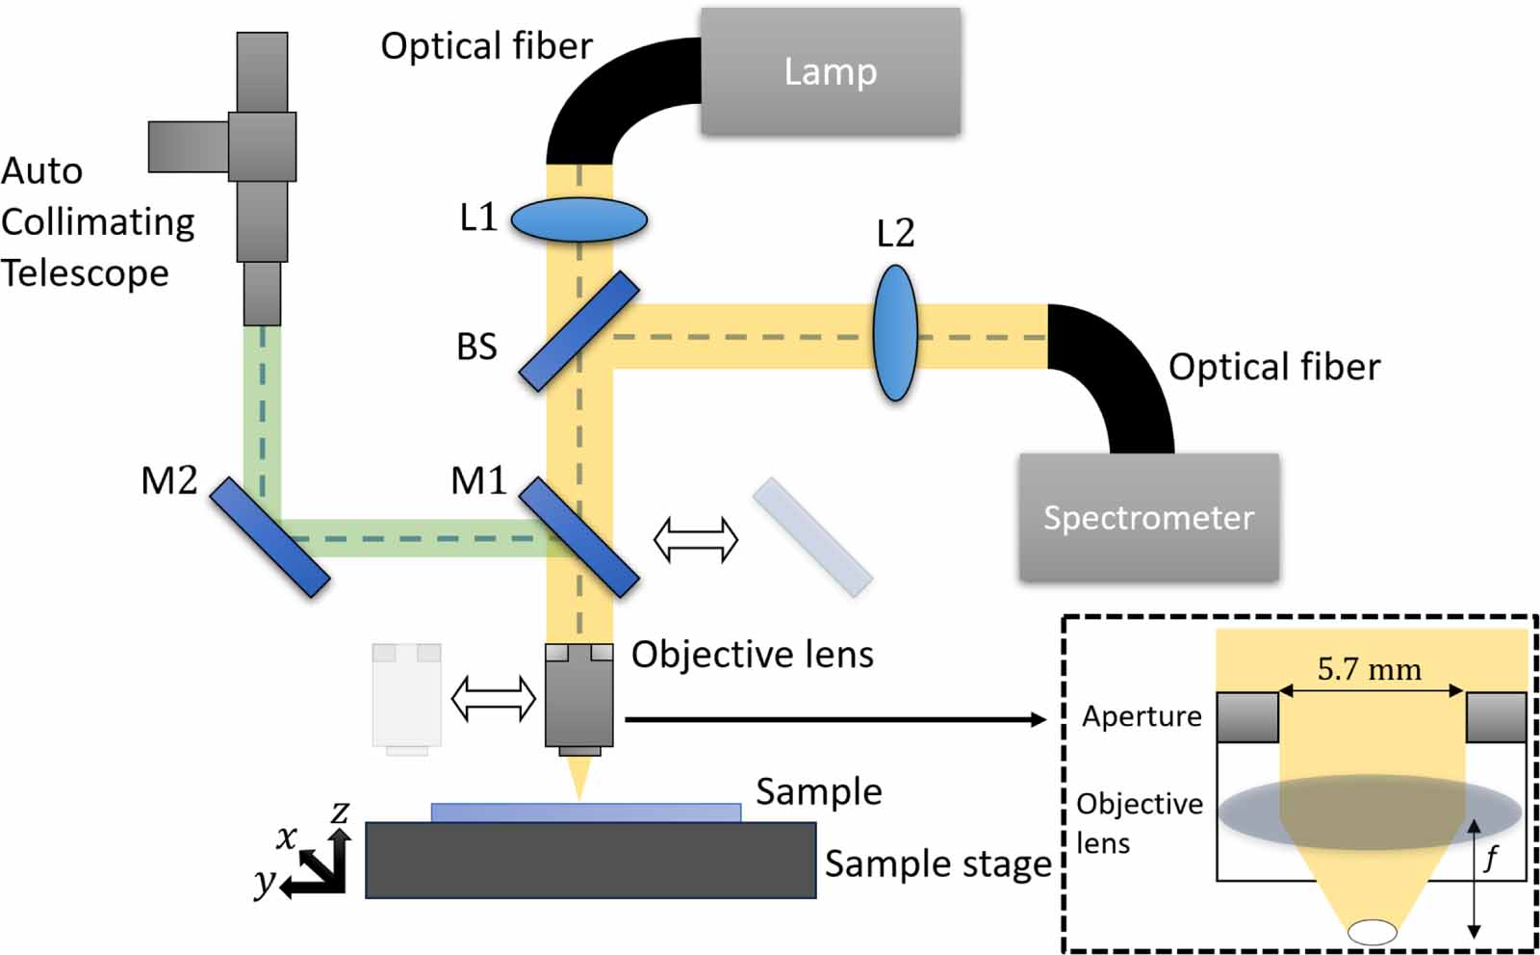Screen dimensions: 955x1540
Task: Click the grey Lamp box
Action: pyautogui.click(x=830, y=71)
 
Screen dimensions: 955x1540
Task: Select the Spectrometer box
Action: pyautogui.click(x=1149, y=517)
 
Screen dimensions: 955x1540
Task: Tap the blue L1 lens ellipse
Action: pyautogui.click(x=578, y=219)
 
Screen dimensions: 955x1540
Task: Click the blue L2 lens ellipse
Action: pyautogui.click(x=895, y=333)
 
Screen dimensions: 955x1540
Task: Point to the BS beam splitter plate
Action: pyautogui.click(x=579, y=330)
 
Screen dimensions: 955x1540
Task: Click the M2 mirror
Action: pyautogui.click(x=269, y=537)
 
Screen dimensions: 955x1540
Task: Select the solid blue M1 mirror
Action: pyautogui.click(x=579, y=537)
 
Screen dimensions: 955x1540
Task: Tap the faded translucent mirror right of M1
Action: pyautogui.click(x=812, y=537)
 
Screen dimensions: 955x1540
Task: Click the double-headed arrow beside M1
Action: pyautogui.click(x=696, y=539)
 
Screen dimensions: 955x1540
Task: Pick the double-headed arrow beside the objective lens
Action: pyautogui.click(x=493, y=698)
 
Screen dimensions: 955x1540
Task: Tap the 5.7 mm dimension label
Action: pyautogui.click(x=1369, y=669)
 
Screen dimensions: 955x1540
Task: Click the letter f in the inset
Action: pyautogui.click(x=1491, y=855)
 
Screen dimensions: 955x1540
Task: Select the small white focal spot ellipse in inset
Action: pyautogui.click(x=1373, y=931)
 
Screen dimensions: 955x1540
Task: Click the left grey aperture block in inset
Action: pyautogui.click(x=1247, y=717)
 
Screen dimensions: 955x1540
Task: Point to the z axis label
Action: pyautogui.click(x=340, y=812)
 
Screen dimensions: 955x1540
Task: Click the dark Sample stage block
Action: pyautogui.click(x=590, y=860)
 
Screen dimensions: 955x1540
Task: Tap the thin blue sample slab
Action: pyautogui.click(x=585, y=813)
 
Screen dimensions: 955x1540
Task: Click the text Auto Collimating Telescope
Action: pyautogui.click(x=96, y=222)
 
